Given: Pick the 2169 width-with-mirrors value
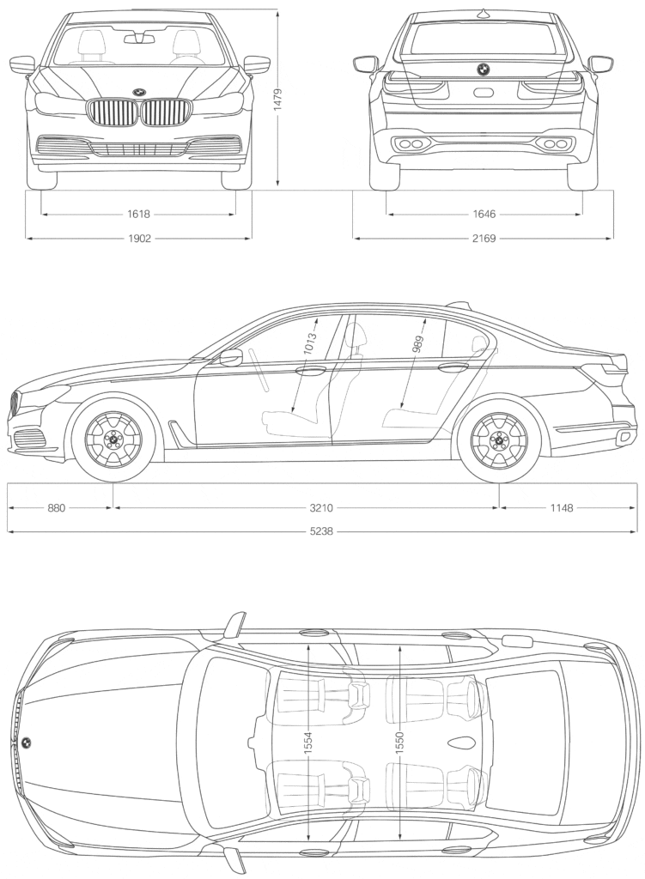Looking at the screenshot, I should [484, 239].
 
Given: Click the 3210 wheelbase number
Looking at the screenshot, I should [306, 508].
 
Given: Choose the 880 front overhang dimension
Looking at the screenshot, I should [57, 508].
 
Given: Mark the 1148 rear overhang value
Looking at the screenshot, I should [561, 508].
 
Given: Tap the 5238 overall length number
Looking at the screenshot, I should [323, 531].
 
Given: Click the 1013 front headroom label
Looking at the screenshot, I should [310, 343].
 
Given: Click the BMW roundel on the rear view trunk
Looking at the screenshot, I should [484, 69].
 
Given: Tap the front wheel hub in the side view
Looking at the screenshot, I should [113, 439].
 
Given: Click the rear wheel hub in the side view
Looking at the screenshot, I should [499, 439].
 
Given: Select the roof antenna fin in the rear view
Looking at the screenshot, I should [484, 11].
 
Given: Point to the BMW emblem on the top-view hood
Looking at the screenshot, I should [27, 743].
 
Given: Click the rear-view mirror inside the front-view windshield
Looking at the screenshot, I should [139, 38].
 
